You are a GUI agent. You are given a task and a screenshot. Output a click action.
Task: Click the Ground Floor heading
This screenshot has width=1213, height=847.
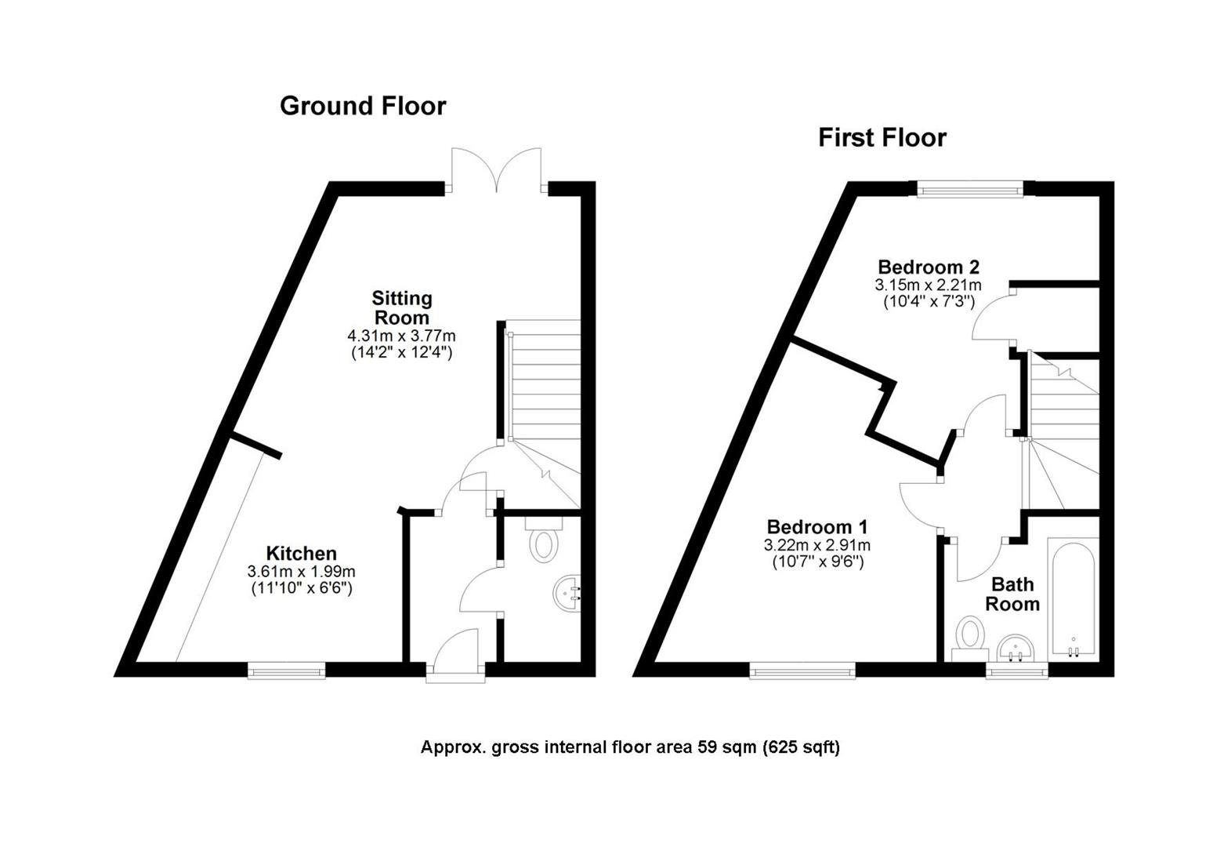coord(363,106)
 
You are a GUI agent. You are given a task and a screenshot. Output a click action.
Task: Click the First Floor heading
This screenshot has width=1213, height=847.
coord(882,138)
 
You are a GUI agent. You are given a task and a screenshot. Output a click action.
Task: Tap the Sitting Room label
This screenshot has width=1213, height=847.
coord(402,307)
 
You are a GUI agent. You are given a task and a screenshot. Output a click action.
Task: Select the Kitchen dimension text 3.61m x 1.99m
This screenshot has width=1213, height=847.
coord(302,571)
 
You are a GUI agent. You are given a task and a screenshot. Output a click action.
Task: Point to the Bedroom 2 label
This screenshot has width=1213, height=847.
coord(929,267)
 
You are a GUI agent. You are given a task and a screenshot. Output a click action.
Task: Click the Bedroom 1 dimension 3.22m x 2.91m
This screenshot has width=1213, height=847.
coord(817,545)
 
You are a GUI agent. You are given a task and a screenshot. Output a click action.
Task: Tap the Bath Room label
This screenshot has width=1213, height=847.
coord(1012,594)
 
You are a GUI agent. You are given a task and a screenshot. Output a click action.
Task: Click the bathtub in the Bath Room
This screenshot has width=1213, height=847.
coord(1074,599)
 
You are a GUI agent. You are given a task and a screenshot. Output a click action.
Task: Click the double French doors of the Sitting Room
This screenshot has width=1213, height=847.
coord(497,170)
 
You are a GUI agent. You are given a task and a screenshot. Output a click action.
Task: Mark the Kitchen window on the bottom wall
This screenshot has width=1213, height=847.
coord(287,671)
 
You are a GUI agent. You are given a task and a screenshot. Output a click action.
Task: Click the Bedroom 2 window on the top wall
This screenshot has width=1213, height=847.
coord(969,189)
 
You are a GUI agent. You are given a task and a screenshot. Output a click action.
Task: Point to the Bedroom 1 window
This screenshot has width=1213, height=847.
coord(802,671)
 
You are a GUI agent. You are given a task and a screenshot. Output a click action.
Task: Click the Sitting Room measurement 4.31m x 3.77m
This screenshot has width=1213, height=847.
coord(401,336)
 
